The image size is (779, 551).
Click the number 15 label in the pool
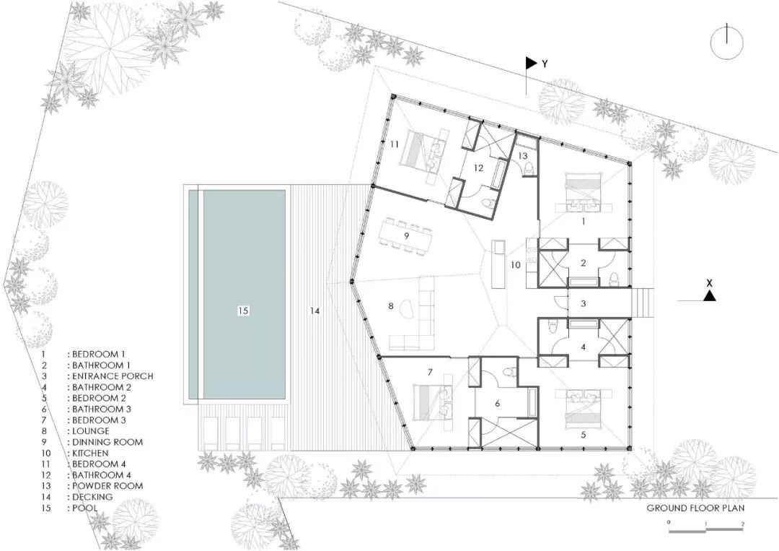pos(242,311)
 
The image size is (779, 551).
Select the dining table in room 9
pos(406,235)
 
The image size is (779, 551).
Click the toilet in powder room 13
pos(530,168)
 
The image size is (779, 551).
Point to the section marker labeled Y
pos(534,64)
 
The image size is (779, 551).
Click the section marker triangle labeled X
pos(710,295)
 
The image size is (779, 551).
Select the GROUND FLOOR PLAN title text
pos(695,508)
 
